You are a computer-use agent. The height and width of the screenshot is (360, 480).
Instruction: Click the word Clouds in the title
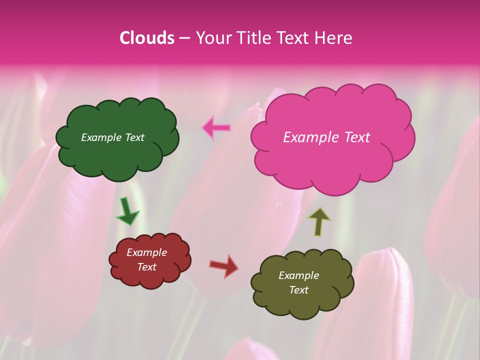pos(147,38)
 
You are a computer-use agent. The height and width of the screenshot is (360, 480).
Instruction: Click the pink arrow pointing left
pos(216,128)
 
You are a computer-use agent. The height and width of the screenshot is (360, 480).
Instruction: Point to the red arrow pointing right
pos(224,265)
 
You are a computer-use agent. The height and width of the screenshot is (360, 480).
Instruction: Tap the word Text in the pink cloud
pos(356,137)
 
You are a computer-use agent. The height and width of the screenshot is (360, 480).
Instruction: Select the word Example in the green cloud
pos(101,137)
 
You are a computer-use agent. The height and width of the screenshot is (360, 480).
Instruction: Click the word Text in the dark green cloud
pos(134,137)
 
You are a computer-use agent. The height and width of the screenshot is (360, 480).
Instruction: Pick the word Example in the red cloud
pos(146,252)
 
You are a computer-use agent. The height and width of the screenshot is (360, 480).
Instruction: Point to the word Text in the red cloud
pos(147,267)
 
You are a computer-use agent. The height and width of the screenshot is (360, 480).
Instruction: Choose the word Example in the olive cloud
pos(298,275)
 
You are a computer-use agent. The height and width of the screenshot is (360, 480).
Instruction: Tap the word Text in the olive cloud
pos(298,290)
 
